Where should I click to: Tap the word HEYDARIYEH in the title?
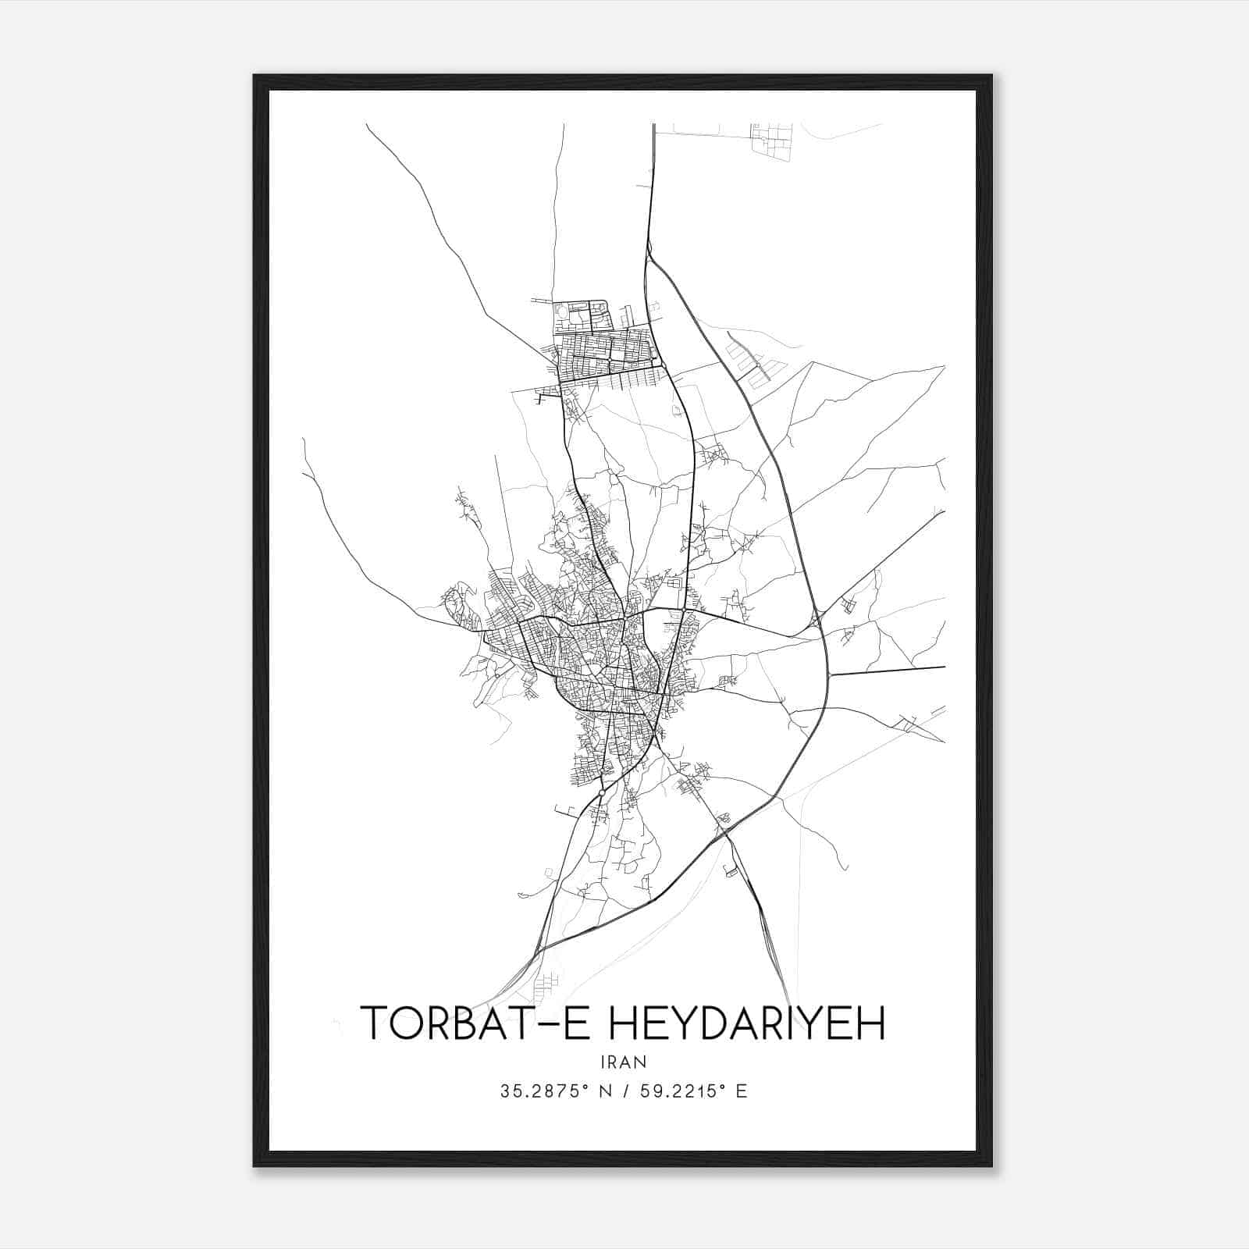(746, 1023)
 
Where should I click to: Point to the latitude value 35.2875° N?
(555, 1091)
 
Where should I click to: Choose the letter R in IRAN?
(613, 1062)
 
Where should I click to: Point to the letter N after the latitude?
(605, 1091)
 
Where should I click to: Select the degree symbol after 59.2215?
(725, 1087)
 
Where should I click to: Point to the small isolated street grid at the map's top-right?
(771, 141)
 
